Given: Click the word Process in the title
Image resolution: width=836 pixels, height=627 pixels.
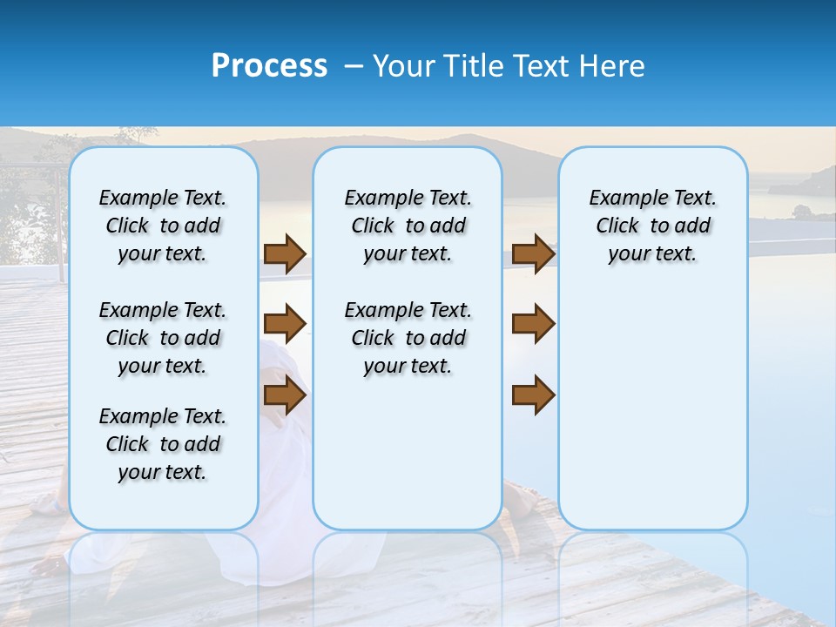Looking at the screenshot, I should pos(269,66).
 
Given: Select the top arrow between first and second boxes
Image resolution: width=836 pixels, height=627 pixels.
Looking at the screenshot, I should pos(285,253).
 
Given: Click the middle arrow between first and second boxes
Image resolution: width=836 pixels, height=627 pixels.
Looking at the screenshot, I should pos(285,324).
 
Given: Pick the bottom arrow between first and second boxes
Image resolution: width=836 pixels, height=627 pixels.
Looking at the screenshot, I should pos(285,395).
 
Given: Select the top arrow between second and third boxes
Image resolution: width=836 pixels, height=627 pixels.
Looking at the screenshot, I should pos(533,253).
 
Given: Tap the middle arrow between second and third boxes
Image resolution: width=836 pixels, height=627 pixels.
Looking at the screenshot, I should pos(533,324).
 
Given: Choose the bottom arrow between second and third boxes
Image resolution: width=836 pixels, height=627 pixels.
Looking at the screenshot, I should pos(533,395).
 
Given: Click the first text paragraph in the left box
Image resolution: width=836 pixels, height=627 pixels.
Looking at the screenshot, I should pos(163,226).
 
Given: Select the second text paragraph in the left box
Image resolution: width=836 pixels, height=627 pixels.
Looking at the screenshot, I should pos(163,338).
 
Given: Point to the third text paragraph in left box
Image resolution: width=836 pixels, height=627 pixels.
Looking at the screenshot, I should pos(163,444).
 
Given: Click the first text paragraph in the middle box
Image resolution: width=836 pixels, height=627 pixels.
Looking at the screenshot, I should pos(408,226).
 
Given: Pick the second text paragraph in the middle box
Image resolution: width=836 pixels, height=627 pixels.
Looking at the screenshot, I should pos(408,338).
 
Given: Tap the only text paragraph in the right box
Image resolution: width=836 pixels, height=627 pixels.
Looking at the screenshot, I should pos(652,226).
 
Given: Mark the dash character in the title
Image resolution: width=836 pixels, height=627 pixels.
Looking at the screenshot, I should pos(354,67).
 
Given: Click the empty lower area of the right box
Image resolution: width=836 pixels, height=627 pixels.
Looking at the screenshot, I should pos(652,418).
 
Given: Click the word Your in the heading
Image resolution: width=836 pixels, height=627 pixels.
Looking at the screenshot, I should pos(404,66).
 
